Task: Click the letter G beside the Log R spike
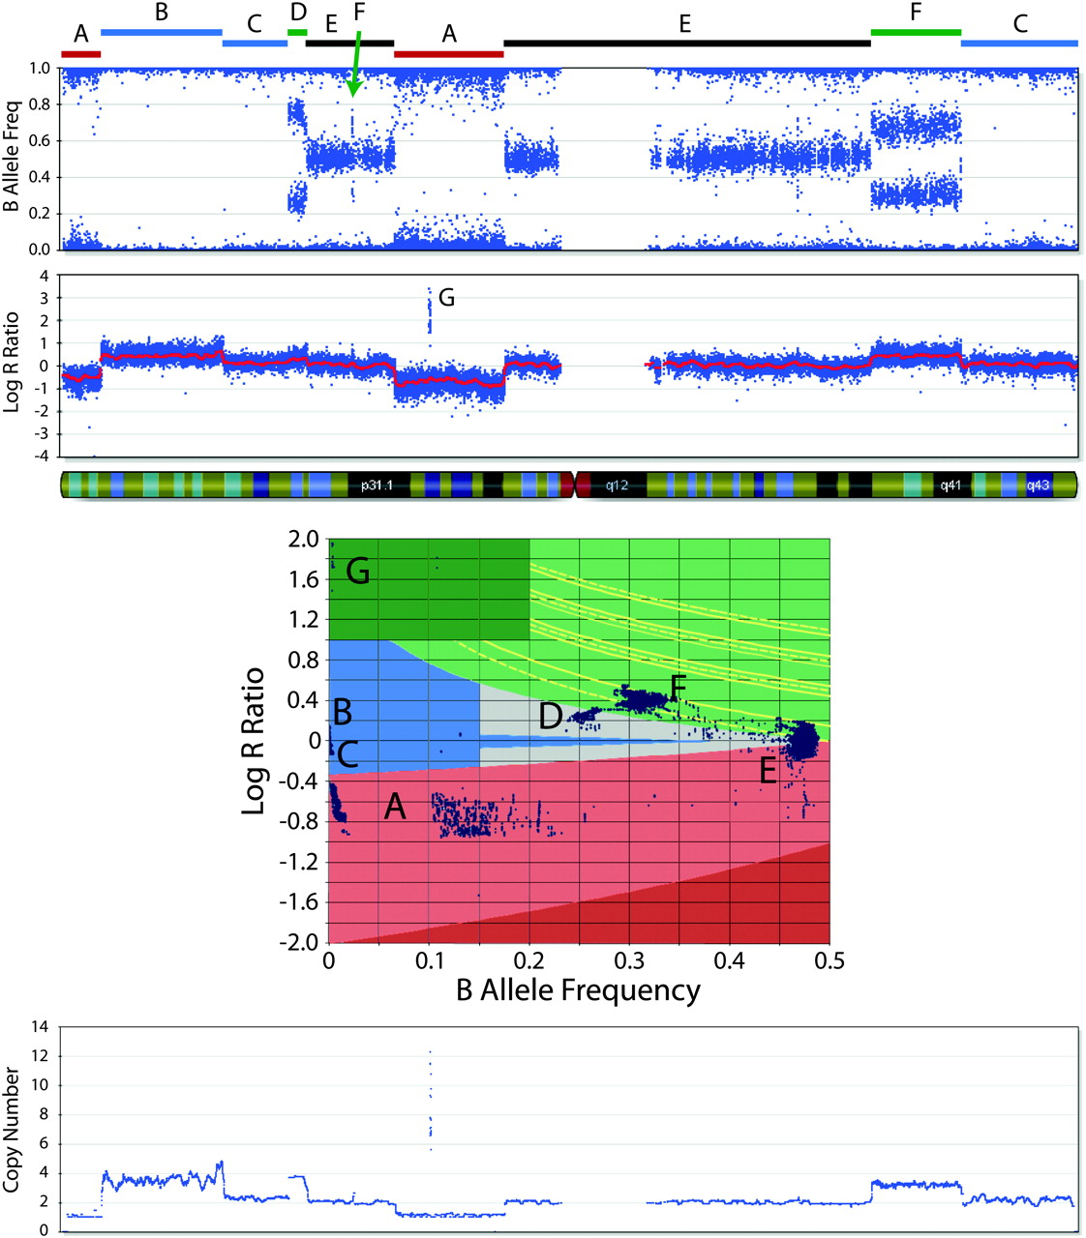point(446,298)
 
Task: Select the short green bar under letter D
point(297,32)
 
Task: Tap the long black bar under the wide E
point(686,43)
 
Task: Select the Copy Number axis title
point(13,1130)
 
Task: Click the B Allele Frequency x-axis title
point(578,990)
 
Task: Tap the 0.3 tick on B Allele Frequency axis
point(628,960)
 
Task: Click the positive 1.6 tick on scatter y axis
point(304,580)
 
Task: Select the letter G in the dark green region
point(358,573)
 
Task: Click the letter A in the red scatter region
point(394,806)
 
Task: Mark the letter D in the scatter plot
point(551,717)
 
